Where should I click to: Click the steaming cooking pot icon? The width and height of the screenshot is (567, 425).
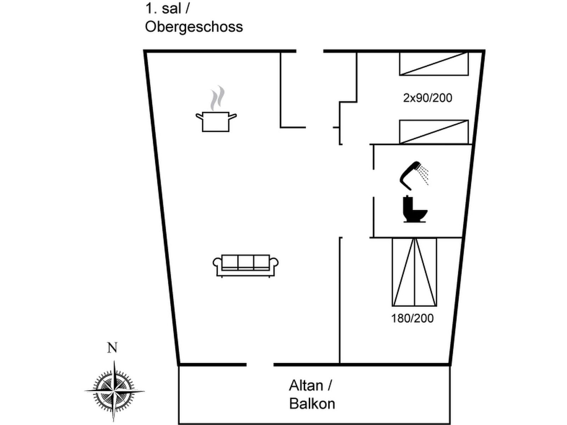point(216,121)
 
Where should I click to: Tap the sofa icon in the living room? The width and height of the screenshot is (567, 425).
point(245,265)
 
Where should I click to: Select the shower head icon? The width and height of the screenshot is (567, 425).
point(411,175)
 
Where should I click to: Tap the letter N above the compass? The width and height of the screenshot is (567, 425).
point(112,348)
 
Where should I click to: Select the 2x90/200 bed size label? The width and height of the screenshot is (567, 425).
point(427,98)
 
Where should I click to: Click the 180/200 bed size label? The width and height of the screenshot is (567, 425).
point(412,318)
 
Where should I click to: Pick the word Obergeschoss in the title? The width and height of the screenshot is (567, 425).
point(194,27)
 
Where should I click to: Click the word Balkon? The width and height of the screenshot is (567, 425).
point(312,404)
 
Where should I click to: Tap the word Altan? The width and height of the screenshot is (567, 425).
point(306,385)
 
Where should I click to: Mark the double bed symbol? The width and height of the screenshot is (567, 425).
point(414,272)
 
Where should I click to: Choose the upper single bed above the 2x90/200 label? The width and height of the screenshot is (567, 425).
point(434,64)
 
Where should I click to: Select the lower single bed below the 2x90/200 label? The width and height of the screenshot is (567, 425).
point(434,132)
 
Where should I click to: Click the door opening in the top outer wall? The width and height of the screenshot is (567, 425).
point(310,51)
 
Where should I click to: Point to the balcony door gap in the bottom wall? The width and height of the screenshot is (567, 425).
point(260,364)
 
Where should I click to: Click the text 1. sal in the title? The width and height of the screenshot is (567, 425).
point(163,8)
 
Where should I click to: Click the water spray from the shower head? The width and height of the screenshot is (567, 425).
point(423,174)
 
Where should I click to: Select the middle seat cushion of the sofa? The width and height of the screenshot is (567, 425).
point(246,262)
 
